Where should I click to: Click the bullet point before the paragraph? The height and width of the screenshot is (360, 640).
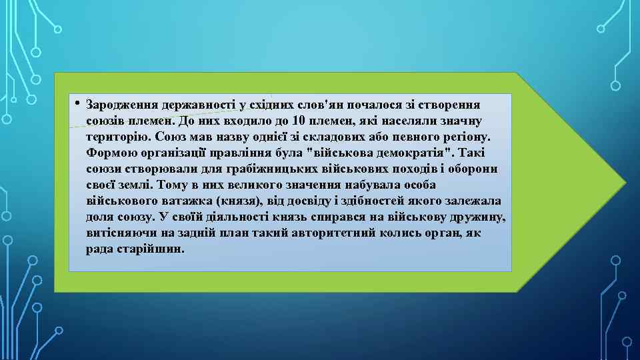pos(78,103)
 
